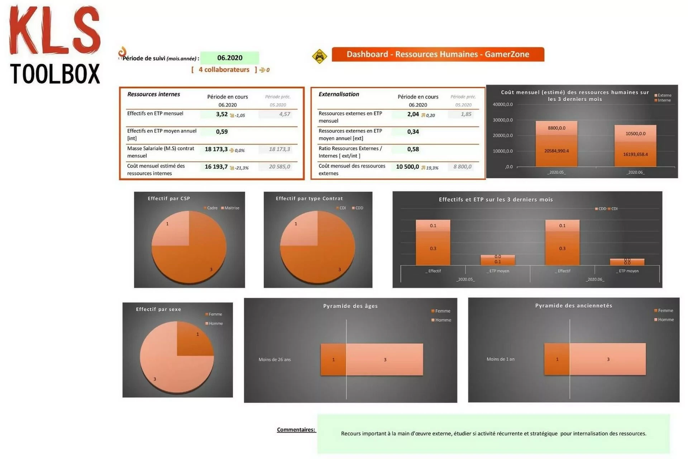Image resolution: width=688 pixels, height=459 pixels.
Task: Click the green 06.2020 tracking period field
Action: (x=229, y=58)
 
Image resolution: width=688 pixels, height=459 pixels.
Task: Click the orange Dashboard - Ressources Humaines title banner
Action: (x=438, y=54)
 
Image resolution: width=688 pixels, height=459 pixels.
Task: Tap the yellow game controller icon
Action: (x=319, y=56)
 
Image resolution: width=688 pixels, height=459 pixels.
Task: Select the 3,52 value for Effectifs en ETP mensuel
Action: (x=222, y=114)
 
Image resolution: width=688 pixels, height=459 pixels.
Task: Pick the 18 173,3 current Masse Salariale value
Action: (x=216, y=149)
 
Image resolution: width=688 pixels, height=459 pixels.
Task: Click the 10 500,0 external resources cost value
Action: (x=407, y=167)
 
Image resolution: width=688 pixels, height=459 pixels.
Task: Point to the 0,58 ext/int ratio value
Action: (x=413, y=149)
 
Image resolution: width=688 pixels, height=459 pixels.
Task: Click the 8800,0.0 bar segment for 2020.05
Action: (x=556, y=128)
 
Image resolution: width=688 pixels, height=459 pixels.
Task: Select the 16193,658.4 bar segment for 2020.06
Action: (x=635, y=154)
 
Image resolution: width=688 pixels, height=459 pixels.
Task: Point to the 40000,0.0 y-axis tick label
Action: (x=503, y=104)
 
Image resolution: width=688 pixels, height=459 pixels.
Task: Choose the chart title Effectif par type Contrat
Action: (x=309, y=198)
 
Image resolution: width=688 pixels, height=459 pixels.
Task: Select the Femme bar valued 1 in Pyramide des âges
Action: (x=333, y=360)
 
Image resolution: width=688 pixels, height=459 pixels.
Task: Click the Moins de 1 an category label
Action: (x=500, y=359)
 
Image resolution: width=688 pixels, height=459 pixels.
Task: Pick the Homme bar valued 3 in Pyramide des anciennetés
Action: (x=608, y=359)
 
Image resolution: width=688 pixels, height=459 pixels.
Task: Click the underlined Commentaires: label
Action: (x=296, y=430)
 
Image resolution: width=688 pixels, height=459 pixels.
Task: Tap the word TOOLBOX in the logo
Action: (x=55, y=74)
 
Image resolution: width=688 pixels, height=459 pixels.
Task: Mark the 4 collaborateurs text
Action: (x=224, y=70)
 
